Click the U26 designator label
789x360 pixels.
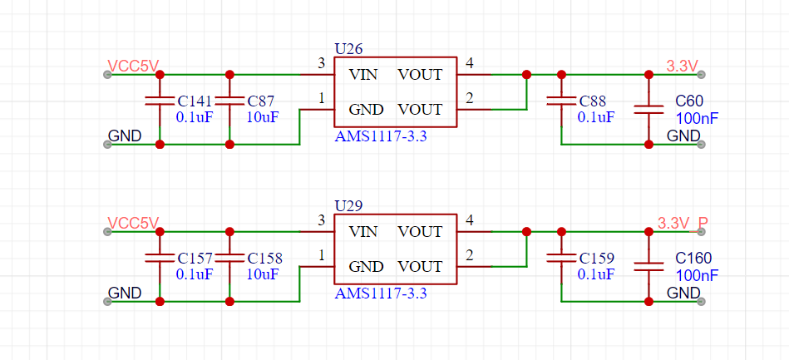348,49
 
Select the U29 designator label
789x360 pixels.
348,206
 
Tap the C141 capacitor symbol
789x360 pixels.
160,101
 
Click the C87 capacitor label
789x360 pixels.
261,101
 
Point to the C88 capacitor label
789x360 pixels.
594,101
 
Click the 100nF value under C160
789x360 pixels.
697,275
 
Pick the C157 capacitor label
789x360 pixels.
195,259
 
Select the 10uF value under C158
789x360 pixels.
262,274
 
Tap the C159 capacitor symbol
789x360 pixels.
561,259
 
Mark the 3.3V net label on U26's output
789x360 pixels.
683,66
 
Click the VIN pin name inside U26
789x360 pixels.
362,75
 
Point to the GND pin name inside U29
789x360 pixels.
366,266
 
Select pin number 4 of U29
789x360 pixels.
470,220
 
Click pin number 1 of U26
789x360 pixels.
322,98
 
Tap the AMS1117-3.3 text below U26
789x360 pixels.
381,136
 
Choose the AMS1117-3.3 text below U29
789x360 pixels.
381,293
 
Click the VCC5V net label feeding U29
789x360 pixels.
133,223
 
